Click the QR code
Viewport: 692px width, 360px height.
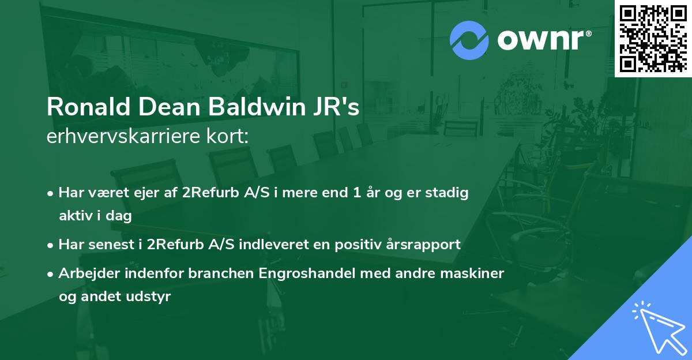[653, 39]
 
